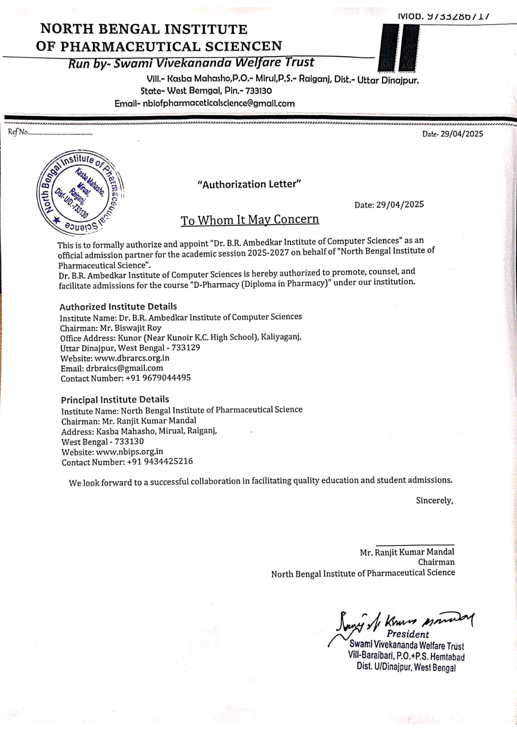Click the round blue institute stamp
(x=81, y=192)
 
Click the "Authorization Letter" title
(x=249, y=184)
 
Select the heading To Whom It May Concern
(x=250, y=220)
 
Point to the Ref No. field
(x=50, y=133)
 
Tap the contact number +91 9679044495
(x=158, y=378)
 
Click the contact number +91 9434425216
(x=160, y=462)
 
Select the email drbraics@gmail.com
(x=124, y=368)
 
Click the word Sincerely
(x=434, y=501)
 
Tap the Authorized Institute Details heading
(x=118, y=307)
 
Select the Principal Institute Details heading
(x=115, y=399)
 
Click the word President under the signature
(x=408, y=634)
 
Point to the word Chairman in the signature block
(x=436, y=562)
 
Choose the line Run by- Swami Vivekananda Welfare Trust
(x=191, y=63)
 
